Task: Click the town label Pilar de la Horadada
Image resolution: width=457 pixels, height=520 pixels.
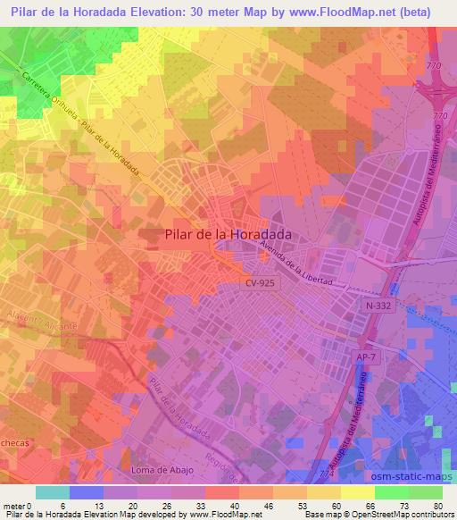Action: pos(230,235)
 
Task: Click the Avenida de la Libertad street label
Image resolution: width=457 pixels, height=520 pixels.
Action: pos(295,264)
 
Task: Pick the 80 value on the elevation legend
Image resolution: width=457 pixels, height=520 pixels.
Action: pos(437,506)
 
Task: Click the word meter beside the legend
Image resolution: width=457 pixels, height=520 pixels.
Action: pos(14,506)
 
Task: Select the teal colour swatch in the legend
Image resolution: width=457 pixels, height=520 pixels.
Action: pos(53,492)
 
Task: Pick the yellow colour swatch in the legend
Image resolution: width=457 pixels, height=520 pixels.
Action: pos(358,492)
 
